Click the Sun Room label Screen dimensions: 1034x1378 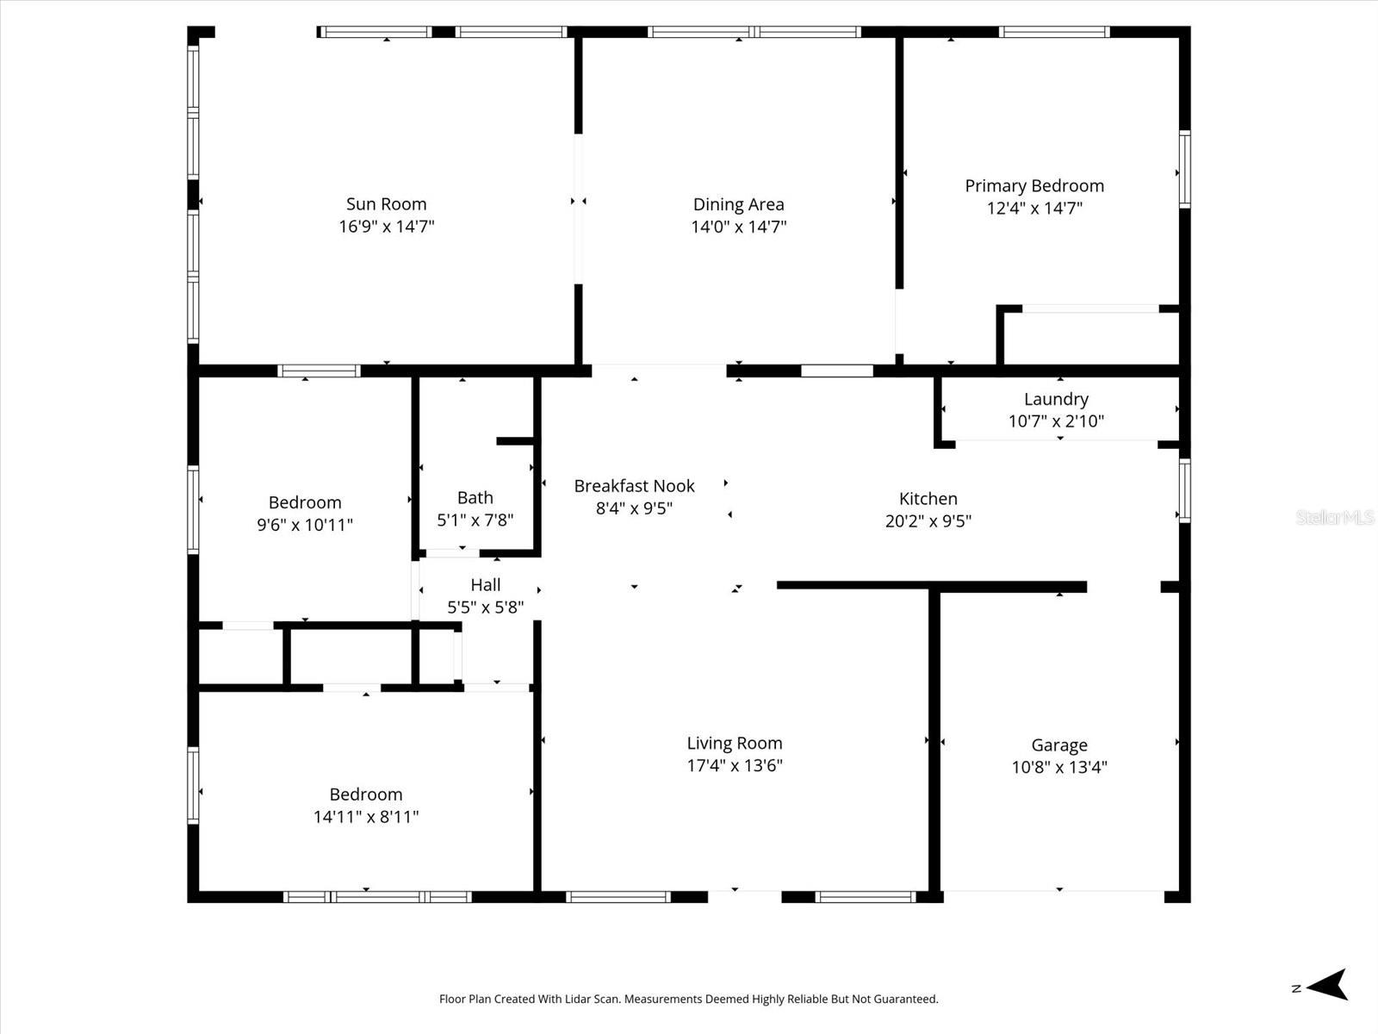[x=386, y=204]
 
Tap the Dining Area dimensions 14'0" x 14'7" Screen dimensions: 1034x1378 [x=738, y=227]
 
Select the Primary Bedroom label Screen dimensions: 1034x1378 [x=1033, y=186]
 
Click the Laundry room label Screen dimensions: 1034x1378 [x=1056, y=399]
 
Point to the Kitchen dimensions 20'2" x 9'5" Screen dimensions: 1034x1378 [x=928, y=520]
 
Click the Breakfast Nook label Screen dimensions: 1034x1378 [x=634, y=486]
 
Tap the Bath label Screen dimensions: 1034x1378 [x=475, y=497]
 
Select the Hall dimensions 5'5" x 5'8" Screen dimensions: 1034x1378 [x=485, y=607]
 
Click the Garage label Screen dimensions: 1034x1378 [x=1058, y=745]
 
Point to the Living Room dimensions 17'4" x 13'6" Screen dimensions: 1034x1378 [x=734, y=765]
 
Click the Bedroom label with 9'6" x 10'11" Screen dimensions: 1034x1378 [x=305, y=502]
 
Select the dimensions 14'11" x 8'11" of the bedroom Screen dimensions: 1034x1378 [x=365, y=817]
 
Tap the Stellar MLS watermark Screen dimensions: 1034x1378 [x=1334, y=517]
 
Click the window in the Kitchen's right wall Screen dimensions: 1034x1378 [x=1184, y=490]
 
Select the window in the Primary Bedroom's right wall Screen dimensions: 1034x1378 [x=1184, y=169]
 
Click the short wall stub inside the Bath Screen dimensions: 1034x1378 [x=515, y=441]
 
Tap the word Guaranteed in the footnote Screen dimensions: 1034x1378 [x=907, y=1000]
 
